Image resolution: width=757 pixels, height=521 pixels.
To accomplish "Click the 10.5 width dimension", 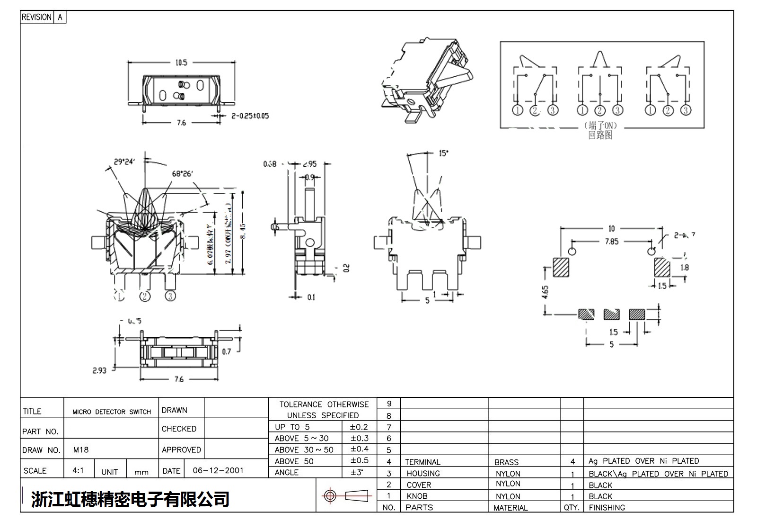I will tap(181, 63).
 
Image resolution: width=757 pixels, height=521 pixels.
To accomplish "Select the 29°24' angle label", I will tap(124, 162).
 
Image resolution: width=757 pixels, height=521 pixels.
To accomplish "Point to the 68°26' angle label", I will tap(182, 173).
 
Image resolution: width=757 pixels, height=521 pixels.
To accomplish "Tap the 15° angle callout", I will tap(443, 153).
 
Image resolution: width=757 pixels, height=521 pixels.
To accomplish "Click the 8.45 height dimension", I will tap(243, 232).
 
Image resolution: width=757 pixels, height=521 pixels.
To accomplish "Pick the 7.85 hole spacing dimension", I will tap(611, 242).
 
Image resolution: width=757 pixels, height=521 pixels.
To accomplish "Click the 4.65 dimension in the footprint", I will tap(545, 292).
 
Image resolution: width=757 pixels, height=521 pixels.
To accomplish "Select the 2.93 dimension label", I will tap(99, 370).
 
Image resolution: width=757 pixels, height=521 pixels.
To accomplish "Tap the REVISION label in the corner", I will tap(36, 17).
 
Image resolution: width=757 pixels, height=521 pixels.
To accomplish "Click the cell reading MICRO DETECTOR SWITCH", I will tap(112, 412).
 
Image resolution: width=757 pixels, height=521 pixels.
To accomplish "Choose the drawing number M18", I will tap(81, 449).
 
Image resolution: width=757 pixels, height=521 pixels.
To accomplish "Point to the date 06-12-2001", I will tap(218, 470).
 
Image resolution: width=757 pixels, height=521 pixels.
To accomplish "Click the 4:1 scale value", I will tap(78, 470).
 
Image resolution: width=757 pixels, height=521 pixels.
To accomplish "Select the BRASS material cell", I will tap(506, 462).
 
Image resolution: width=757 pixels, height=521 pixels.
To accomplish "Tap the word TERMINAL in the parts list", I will tap(423, 462).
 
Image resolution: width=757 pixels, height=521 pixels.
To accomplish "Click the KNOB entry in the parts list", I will tap(417, 496).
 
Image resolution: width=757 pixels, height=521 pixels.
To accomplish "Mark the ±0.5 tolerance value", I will tap(359, 460).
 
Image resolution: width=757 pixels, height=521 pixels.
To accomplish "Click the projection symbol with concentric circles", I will tap(330, 496).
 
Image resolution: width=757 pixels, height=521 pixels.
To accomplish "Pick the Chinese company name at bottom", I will tap(130, 499).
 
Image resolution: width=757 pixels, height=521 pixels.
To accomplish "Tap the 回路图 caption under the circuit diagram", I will tap(600, 135).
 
